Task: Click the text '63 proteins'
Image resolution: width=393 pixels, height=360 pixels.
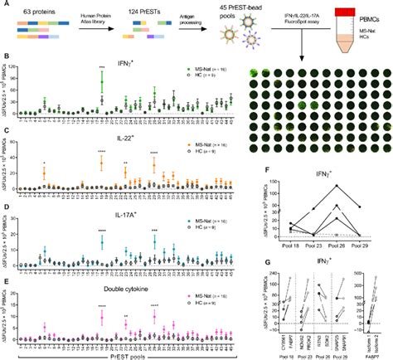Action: pyautogui.click(x=33, y=7)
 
